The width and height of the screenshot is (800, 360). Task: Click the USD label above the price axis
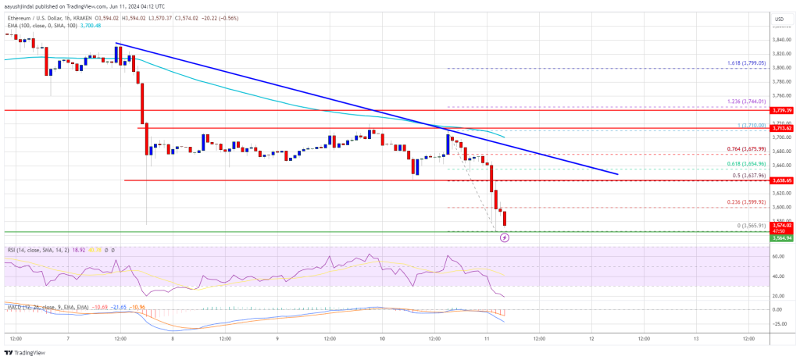[x=779, y=18]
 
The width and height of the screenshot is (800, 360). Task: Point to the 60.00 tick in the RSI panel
[x=779, y=256]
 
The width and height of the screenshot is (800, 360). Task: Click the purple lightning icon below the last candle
[x=504, y=237]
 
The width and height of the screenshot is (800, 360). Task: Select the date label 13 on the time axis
[x=695, y=338]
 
